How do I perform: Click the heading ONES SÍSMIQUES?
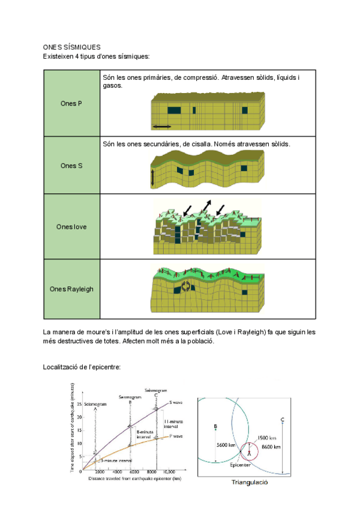tap(71, 47)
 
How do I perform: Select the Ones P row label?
tap(71, 103)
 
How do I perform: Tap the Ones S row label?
tap(71, 165)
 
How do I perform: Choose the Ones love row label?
tap(71, 227)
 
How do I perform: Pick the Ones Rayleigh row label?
tap(71, 289)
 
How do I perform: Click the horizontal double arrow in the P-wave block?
tap(161, 127)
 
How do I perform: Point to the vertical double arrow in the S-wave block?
tap(153, 178)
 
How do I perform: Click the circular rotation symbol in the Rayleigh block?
tap(187, 286)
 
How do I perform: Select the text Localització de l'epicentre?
tap(82, 367)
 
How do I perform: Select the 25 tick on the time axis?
tap(79, 403)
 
